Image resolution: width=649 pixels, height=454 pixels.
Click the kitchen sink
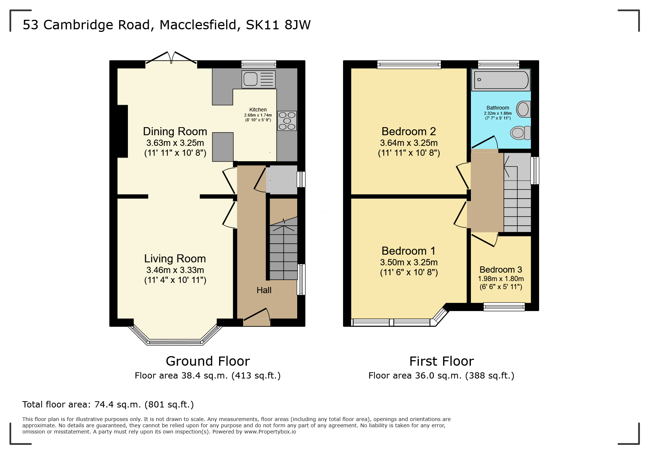pyautogui.click(x=258, y=79)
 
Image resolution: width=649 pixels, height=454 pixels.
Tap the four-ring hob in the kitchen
pyautogui.click(x=287, y=121)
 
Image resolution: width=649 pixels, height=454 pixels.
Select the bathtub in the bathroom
pyautogui.click(x=501, y=80)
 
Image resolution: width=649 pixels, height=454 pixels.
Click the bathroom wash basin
pyautogui.click(x=524, y=109)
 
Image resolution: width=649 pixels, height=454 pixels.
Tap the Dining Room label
pyautogui.click(x=175, y=132)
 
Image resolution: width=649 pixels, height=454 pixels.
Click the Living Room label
pyautogui.click(x=175, y=259)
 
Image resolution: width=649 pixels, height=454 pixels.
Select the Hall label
pyautogui.click(x=264, y=290)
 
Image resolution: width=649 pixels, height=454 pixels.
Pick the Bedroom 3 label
pyautogui.click(x=501, y=270)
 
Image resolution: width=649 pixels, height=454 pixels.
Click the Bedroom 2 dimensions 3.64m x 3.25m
pyautogui.click(x=409, y=143)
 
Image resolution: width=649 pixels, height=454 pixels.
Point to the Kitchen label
pyautogui.click(x=258, y=110)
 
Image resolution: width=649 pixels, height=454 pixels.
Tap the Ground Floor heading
pyautogui.click(x=208, y=361)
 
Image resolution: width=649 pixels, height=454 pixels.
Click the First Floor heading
pyautogui.click(x=442, y=361)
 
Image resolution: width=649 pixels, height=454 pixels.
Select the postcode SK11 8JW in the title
pyautogui.click(x=278, y=25)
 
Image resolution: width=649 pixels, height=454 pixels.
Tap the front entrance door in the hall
pyautogui.click(x=257, y=315)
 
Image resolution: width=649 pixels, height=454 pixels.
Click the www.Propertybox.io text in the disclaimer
pyautogui.click(x=270, y=432)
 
